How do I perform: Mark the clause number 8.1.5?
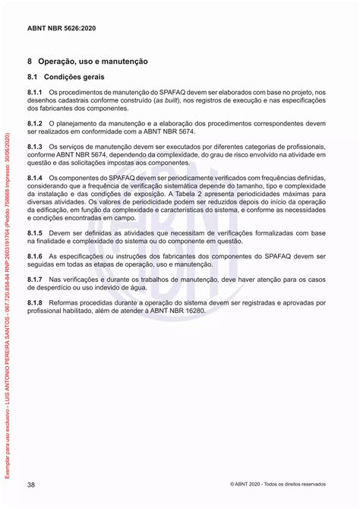pyautogui.click(x=36, y=232)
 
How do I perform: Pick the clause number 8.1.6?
pyautogui.click(x=36, y=256)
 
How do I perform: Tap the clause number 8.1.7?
pyautogui.click(x=36, y=280)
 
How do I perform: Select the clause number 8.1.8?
pyautogui.click(x=36, y=303)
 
